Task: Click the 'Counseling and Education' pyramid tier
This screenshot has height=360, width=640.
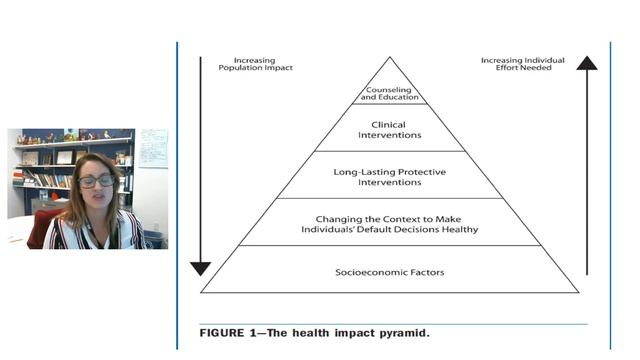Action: (389, 93)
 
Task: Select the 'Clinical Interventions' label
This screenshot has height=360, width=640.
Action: (389, 130)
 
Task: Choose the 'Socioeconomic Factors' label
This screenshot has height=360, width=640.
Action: (389, 272)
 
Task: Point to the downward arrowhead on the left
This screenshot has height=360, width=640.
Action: (201, 267)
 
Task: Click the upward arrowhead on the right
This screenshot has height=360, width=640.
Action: (587, 63)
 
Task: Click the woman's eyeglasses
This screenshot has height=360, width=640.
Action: (97, 181)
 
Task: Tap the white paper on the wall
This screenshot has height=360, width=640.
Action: (153, 147)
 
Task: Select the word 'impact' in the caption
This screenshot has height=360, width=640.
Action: (349, 331)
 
